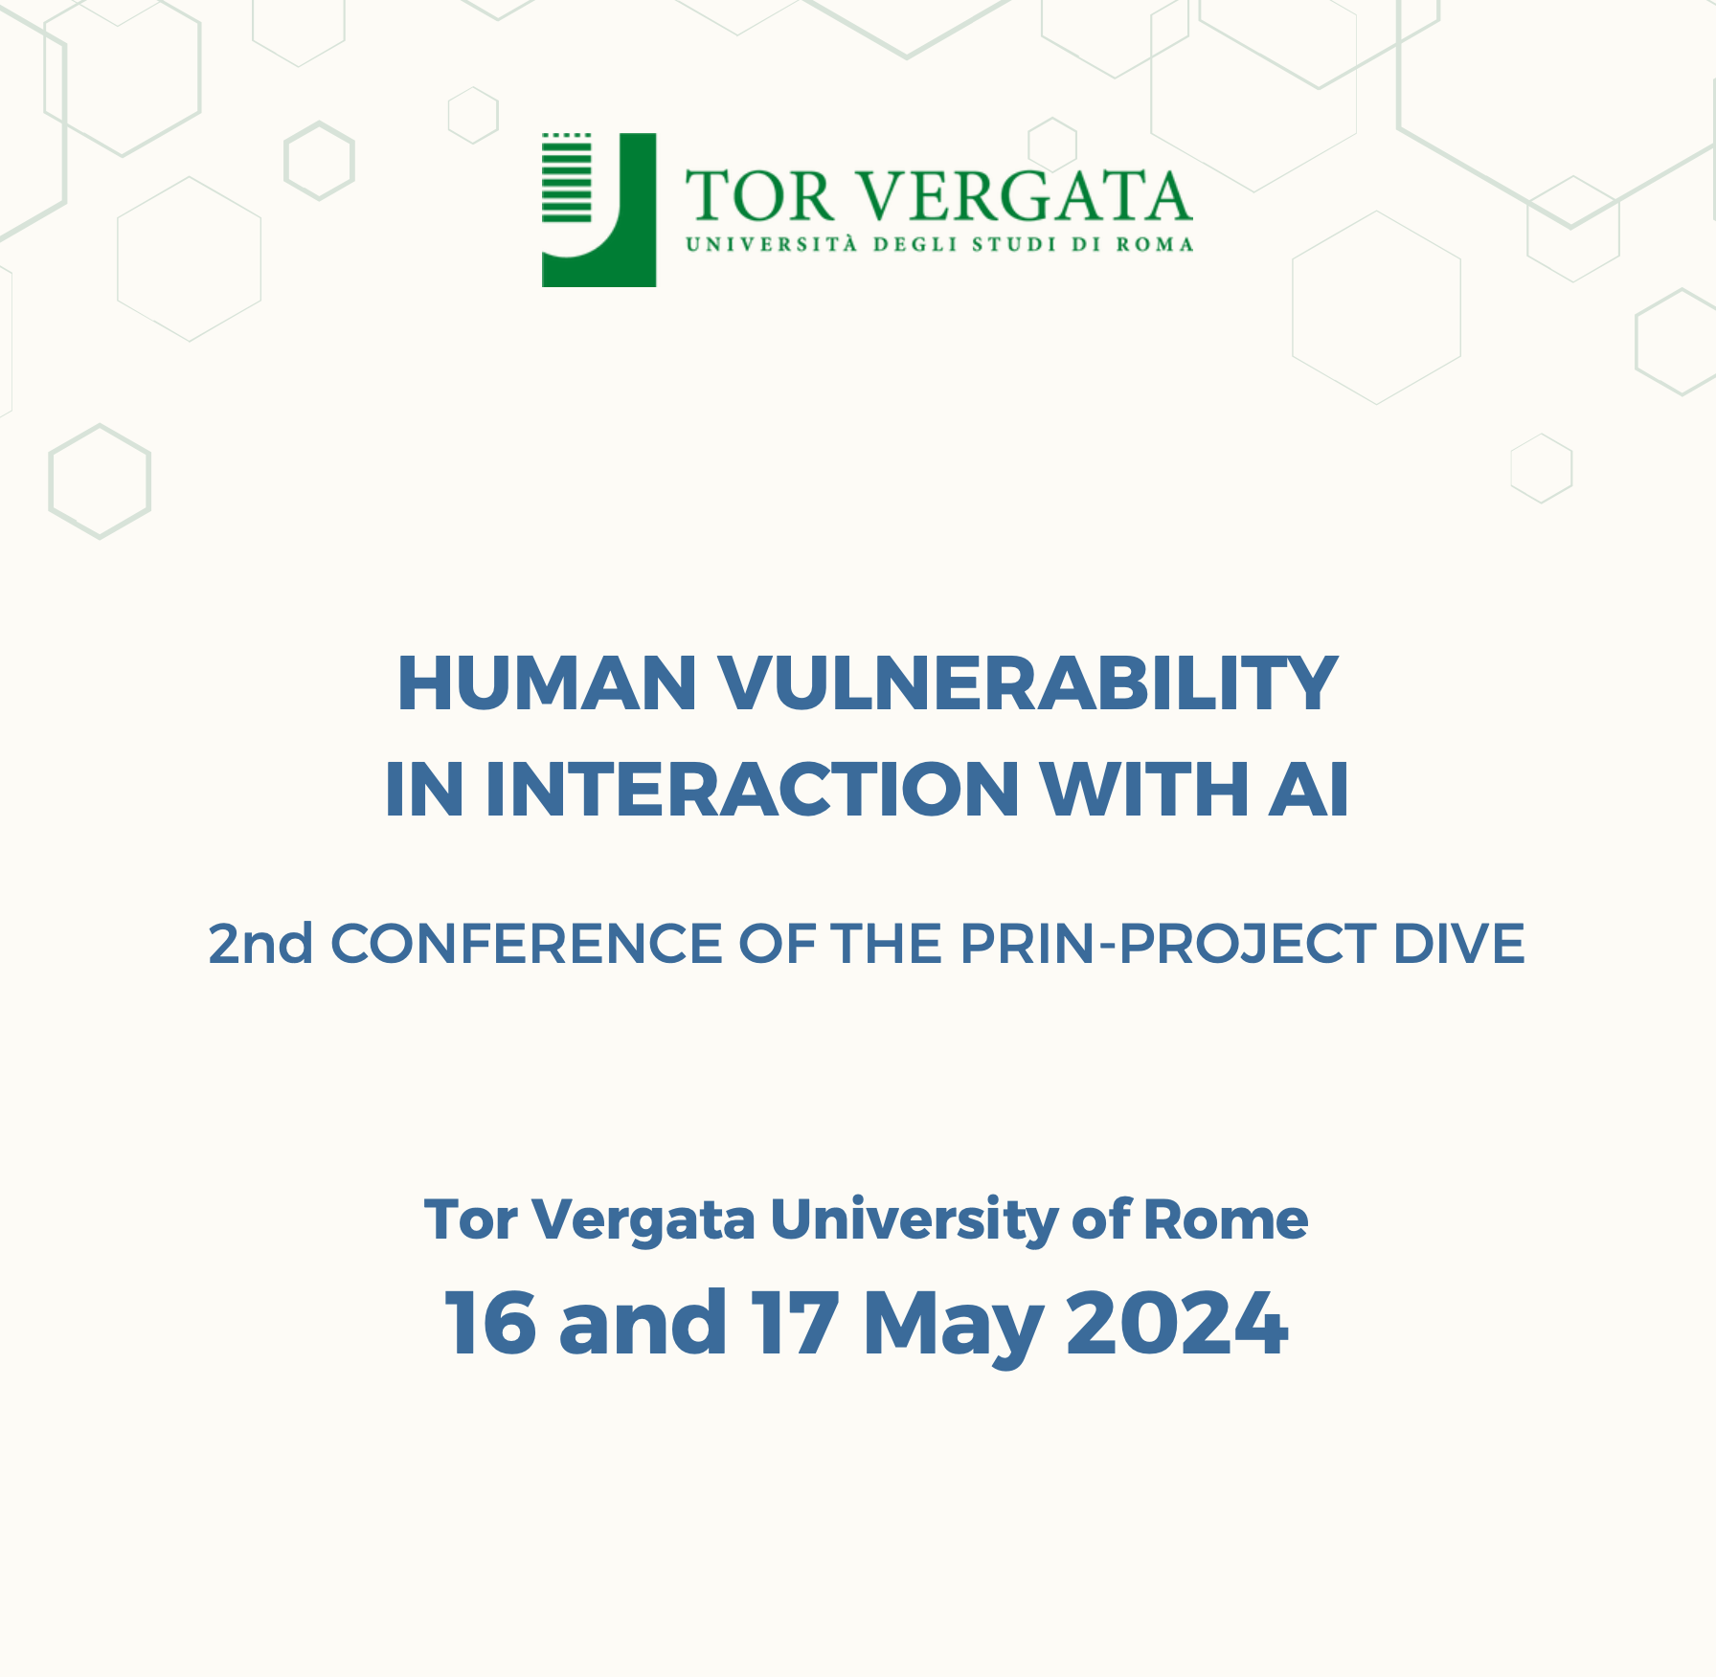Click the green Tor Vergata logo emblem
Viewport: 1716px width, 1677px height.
[x=598, y=210]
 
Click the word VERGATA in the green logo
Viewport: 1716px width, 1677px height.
[x=1024, y=196]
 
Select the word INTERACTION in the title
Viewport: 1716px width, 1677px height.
[x=753, y=790]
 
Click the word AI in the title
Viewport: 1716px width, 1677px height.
[x=1309, y=790]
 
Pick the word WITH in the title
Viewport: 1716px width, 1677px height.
[x=1144, y=790]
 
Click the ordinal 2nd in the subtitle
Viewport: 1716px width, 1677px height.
[x=260, y=944]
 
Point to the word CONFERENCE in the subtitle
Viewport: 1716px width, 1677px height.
[x=527, y=944]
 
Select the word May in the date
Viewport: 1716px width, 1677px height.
[x=953, y=1326]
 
